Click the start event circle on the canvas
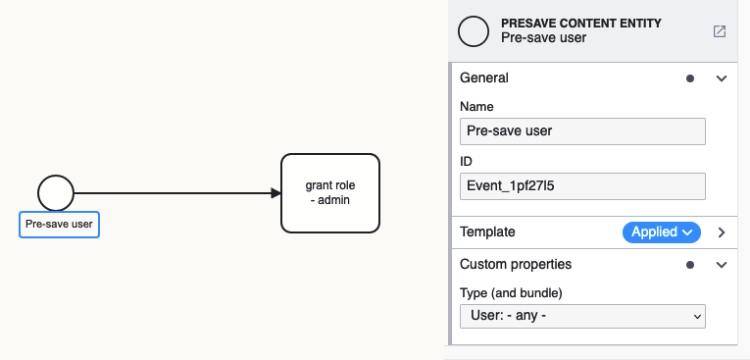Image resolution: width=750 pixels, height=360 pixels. point(56,192)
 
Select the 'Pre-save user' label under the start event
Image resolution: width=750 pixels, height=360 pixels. point(59,225)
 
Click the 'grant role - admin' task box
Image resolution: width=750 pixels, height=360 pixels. point(329,193)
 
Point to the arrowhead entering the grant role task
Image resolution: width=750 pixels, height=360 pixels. point(275,193)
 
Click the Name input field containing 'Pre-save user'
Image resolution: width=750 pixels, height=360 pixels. point(582,131)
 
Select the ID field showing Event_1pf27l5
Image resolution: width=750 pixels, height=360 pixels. point(582,186)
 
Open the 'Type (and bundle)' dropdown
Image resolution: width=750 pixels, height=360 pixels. point(582,316)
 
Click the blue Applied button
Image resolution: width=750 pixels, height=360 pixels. point(662,232)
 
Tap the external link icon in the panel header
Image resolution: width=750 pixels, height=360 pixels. point(720,31)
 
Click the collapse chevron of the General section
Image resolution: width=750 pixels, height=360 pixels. point(722,78)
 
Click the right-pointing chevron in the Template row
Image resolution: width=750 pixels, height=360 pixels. point(722,232)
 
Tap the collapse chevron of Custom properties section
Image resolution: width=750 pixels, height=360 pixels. point(722,265)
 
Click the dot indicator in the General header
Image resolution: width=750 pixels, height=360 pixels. point(690,78)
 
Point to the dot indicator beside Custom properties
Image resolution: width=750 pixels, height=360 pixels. point(690,265)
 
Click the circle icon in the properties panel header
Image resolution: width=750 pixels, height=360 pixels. point(474,31)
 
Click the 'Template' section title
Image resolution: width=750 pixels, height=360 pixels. point(487,232)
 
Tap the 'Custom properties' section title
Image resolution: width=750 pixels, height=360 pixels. point(515,265)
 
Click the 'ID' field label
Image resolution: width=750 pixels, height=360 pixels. point(468,161)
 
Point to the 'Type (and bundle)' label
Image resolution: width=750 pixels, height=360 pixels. point(511,292)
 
